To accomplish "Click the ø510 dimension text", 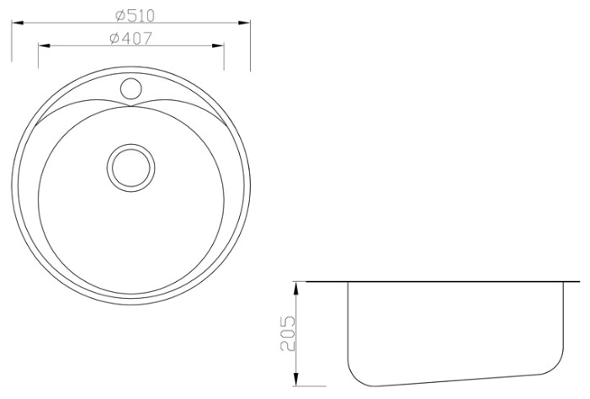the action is pos(135,15).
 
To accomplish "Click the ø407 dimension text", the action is pos(131,38).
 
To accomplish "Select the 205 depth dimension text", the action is pos(288,333).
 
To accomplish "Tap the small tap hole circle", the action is pos(131,89).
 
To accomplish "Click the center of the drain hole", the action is pos(131,168).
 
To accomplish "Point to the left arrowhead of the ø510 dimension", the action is pos(18,23).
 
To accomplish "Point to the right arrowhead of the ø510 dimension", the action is pos(244,23).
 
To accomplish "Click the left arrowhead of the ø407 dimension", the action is pos(44,46).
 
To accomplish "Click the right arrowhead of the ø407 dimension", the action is pos(218,46).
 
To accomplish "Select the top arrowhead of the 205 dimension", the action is pos(296,288).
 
